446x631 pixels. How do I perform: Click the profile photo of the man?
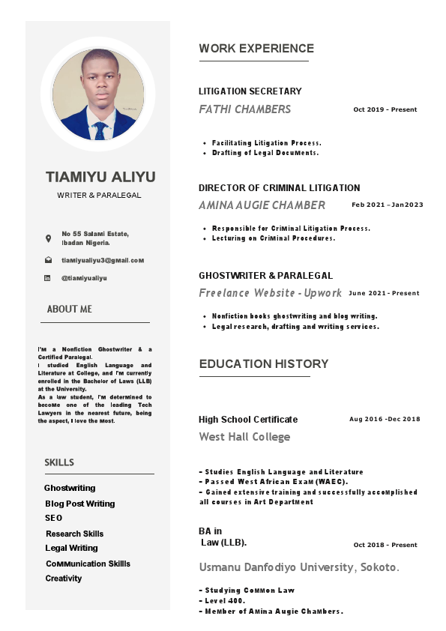click(x=98, y=94)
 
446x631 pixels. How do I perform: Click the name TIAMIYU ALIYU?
click(x=100, y=178)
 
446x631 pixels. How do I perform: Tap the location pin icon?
click(x=49, y=238)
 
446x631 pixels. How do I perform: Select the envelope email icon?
click(x=49, y=260)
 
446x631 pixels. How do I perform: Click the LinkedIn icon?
click(x=49, y=278)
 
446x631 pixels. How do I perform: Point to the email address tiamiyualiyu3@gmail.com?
click(x=103, y=260)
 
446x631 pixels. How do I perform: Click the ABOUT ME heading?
click(x=70, y=309)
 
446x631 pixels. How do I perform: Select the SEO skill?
click(x=54, y=518)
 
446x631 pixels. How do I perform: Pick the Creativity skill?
click(x=64, y=579)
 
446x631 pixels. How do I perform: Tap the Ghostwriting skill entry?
click(x=70, y=488)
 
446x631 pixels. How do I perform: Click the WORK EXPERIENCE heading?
click(x=256, y=49)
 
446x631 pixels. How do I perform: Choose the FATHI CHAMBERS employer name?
click(x=244, y=109)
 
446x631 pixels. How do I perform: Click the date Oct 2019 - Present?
click(x=385, y=109)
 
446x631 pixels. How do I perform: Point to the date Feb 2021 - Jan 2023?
click(x=388, y=205)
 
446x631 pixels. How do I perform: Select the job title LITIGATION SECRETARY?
click(x=250, y=91)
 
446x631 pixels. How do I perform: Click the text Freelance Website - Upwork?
click(x=270, y=293)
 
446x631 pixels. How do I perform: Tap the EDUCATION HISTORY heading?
click(x=263, y=364)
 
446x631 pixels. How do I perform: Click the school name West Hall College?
click(x=244, y=436)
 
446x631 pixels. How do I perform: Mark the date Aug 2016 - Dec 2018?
click(x=385, y=419)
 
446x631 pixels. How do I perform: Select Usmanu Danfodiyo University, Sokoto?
click(x=299, y=567)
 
